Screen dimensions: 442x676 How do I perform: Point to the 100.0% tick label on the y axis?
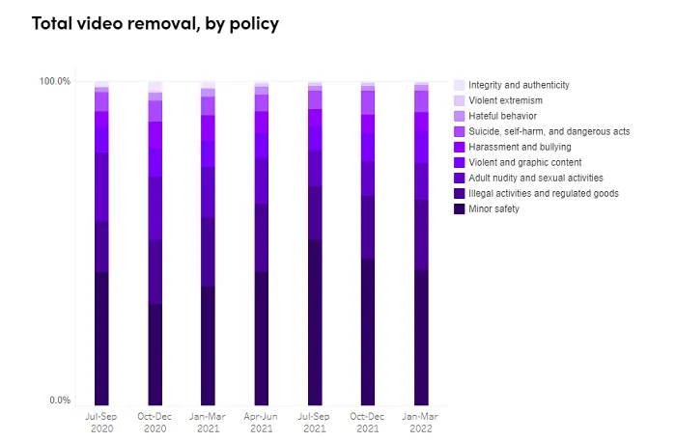(54, 81)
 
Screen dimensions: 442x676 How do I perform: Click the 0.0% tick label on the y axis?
(59, 401)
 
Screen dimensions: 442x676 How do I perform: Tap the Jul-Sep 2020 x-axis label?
(101, 421)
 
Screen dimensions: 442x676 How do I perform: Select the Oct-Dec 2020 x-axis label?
(155, 421)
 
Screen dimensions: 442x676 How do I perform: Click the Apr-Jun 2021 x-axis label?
(262, 421)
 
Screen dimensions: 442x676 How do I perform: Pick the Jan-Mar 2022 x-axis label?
(421, 421)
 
